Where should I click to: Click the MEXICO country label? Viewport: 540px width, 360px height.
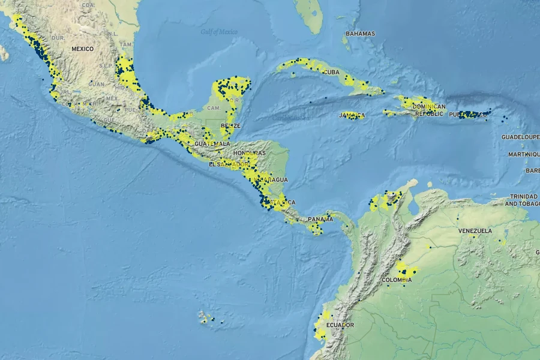click(83, 49)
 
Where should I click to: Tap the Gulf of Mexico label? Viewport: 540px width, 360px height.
click(219, 32)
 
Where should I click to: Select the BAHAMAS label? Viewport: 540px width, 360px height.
click(360, 34)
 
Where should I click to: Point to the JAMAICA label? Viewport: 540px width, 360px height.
click(352, 115)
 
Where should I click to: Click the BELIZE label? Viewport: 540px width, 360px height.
click(230, 125)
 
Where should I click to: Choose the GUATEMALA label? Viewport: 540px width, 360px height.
click(212, 144)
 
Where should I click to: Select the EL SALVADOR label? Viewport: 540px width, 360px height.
click(229, 164)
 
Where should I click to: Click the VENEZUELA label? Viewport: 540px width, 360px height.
click(475, 230)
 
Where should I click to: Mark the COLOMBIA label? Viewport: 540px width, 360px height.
click(397, 280)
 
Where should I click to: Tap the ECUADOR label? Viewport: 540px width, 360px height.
click(340, 325)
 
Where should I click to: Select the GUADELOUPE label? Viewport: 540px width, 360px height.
click(520, 137)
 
